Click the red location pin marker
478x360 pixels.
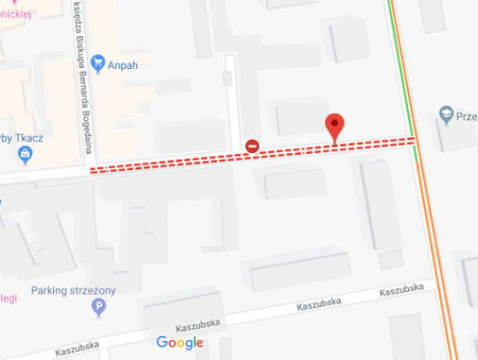(334, 126)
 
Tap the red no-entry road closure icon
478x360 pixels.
(252, 146)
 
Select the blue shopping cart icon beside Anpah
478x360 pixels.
(97, 63)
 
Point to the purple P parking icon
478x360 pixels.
(98, 307)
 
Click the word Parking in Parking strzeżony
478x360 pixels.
(50, 290)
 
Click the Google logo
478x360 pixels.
(180, 342)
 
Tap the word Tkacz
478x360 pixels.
(29, 137)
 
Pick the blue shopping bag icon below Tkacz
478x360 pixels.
(25, 156)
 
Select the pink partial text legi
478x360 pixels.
(9, 298)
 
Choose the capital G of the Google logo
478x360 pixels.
(163, 342)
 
